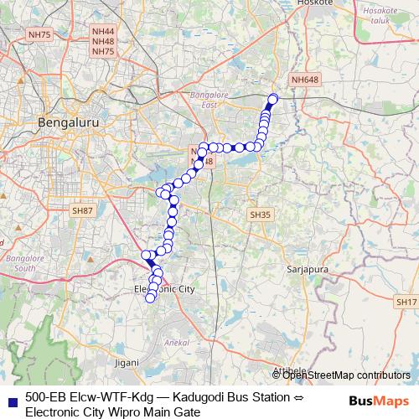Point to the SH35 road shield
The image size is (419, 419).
tap(261, 215)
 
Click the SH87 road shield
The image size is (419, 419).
tap(82, 211)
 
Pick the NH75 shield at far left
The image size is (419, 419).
tap(39, 34)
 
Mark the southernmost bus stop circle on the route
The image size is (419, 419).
tap(151, 297)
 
